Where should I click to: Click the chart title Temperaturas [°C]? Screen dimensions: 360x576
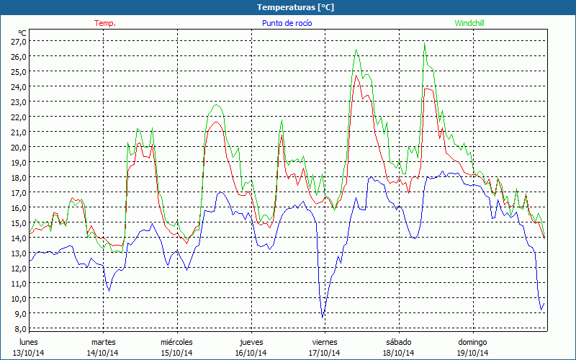288,6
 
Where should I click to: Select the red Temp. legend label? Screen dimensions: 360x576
105,23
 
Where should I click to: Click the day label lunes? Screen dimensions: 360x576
29,341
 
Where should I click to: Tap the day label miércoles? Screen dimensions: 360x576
176,341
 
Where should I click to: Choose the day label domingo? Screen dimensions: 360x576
472,341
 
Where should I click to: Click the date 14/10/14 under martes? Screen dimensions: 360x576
103,353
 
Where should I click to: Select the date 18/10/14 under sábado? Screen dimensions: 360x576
398,353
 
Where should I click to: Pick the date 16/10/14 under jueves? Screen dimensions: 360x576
251,353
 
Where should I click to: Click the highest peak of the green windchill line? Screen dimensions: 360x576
425,45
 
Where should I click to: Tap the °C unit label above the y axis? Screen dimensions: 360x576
22,32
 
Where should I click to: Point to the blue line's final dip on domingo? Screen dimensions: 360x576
541,310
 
